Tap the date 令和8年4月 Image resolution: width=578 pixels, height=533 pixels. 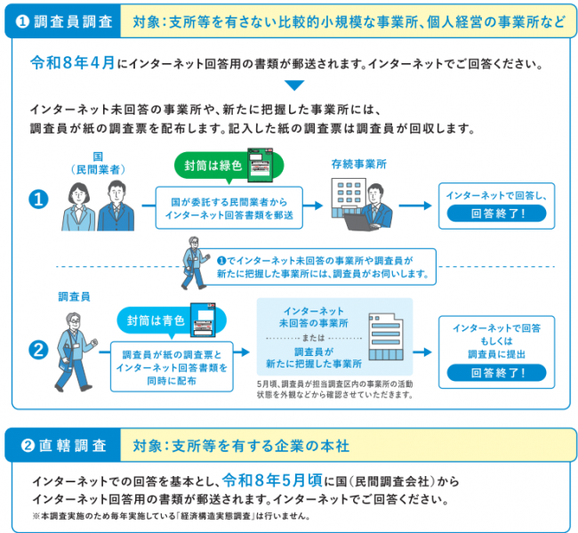pyautogui.click(x=72, y=65)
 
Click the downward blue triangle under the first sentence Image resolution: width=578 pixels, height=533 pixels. pyautogui.click(x=293, y=86)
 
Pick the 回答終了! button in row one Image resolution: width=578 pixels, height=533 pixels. pyautogui.click(x=497, y=214)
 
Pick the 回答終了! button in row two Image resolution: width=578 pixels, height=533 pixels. pyautogui.click(x=497, y=373)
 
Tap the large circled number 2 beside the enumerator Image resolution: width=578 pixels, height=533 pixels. pyautogui.click(x=37, y=351)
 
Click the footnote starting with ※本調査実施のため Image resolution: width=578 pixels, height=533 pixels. pyautogui.click(x=169, y=515)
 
